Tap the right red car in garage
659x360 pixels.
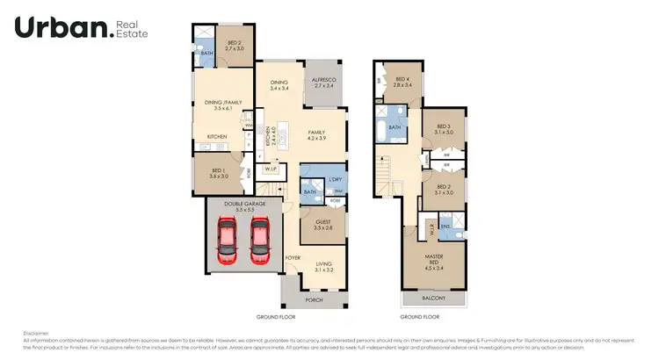260,240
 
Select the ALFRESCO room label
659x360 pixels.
324,81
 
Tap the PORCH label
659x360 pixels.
314,299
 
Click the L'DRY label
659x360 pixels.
335,180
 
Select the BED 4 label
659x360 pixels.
402,80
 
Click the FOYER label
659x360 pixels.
293,257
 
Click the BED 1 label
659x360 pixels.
219,172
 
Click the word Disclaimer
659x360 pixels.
36,333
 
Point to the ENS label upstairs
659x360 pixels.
446,226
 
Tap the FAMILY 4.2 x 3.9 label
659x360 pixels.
316,135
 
